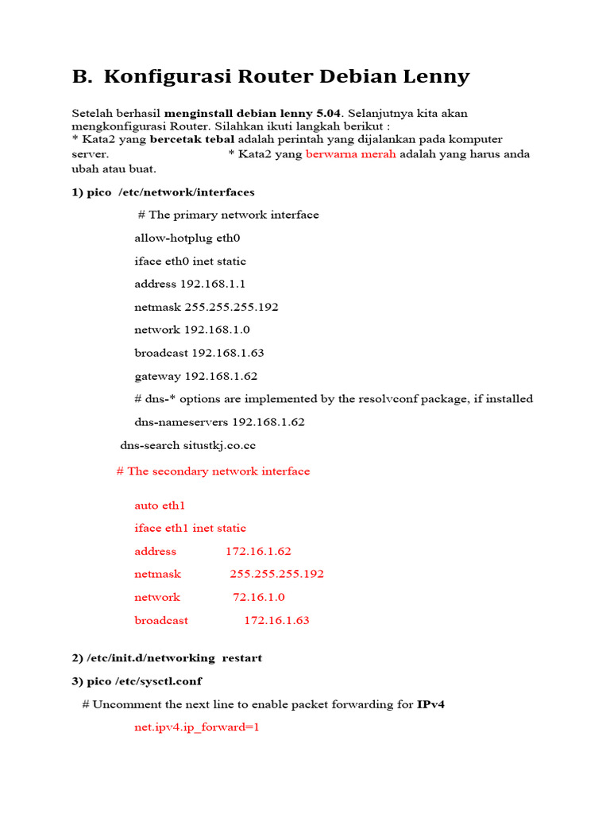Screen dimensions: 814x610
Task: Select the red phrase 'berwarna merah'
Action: click(350, 154)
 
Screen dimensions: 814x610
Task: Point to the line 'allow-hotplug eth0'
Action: click(187, 238)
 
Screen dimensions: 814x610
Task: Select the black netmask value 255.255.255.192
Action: click(231, 307)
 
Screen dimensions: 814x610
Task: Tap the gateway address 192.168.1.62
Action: click(221, 376)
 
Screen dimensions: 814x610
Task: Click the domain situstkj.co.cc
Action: click(219, 445)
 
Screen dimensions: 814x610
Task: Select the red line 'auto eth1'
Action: click(159, 505)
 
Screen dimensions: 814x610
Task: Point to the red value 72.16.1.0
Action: click(258, 597)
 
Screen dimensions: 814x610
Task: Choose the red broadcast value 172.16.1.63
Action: click(276, 620)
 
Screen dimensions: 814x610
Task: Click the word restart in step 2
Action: click(241, 658)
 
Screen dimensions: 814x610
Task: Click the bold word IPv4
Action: click(430, 704)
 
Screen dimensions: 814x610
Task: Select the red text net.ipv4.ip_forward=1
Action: click(197, 727)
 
